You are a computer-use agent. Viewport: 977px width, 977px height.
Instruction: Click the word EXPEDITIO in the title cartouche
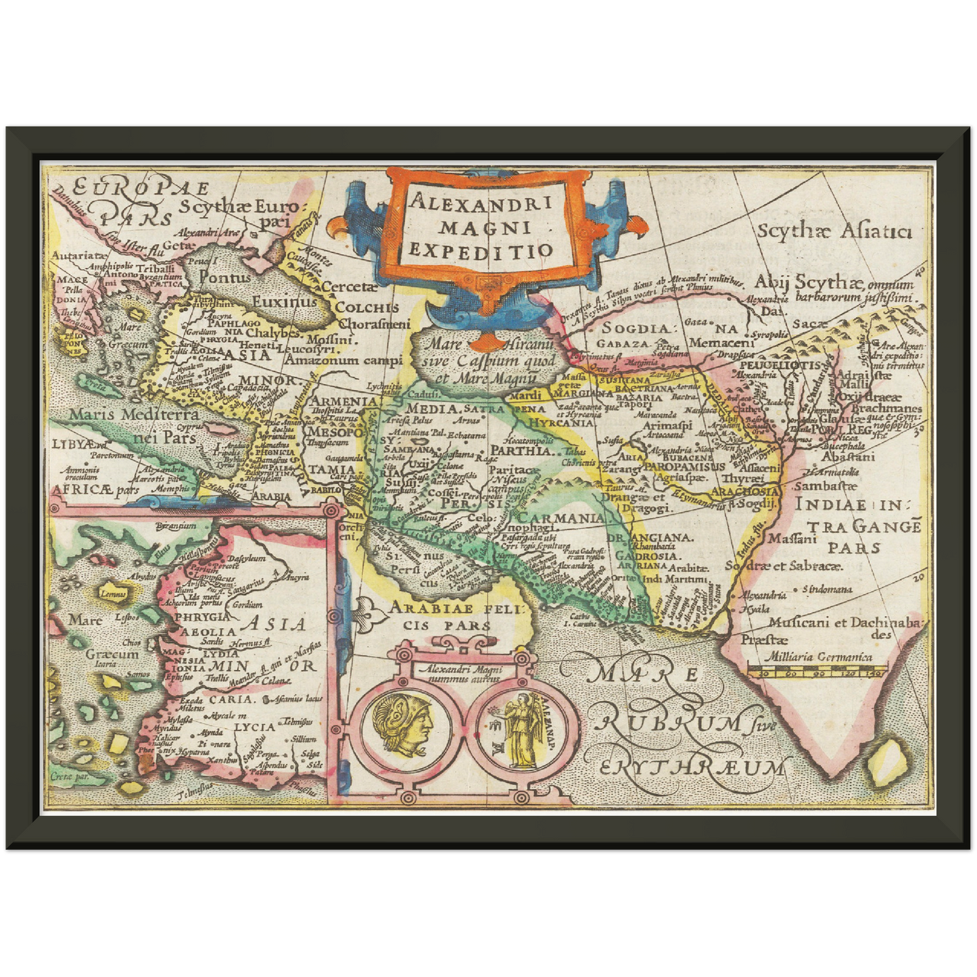[x=481, y=251]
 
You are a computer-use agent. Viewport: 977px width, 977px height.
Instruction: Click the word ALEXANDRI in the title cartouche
[x=481, y=201]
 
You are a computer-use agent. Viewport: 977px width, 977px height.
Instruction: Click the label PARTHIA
[x=521, y=450]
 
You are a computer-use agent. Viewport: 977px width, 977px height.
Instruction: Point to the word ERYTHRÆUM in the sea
[x=693, y=767]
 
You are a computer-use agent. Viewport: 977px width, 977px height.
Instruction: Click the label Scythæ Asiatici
[x=834, y=232]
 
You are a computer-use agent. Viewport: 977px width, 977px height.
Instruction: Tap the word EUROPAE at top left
[x=142, y=187]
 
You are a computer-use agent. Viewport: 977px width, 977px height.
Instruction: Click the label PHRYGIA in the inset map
[x=203, y=617]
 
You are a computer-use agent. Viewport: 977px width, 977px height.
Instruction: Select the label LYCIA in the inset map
[x=255, y=727]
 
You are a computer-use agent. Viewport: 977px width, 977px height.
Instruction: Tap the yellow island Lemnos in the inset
[x=113, y=594]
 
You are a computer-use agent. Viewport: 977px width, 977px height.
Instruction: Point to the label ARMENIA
[x=343, y=400]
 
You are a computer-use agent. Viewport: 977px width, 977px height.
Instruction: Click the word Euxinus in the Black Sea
[x=284, y=302]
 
